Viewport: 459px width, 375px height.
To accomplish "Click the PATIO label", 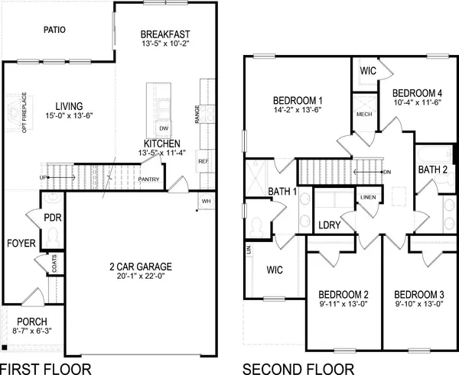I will pyautogui.click(x=54, y=30).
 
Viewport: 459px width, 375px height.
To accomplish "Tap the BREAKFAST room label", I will pyautogui.click(x=165, y=34).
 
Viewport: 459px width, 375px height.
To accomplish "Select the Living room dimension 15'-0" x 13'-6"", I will pyautogui.click(x=69, y=117).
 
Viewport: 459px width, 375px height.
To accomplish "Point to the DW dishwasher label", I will pyautogui.click(x=163, y=128).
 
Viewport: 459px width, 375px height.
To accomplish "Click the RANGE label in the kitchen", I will pyautogui.click(x=197, y=115).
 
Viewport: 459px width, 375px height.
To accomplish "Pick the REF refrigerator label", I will pyautogui.click(x=203, y=161).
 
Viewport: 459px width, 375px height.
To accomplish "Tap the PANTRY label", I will pyautogui.click(x=148, y=180).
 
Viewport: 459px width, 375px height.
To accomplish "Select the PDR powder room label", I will pyautogui.click(x=53, y=218).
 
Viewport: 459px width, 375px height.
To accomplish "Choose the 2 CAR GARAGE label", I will pyautogui.click(x=139, y=267).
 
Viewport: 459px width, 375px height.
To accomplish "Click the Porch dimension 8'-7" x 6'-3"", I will pyautogui.click(x=33, y=331).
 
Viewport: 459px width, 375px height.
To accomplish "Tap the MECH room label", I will pyautogui.click(x=364, y=115).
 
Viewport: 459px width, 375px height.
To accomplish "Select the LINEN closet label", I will pyautogui.click(x=368, y=198).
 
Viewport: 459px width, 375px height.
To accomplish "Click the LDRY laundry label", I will pyautogui.click(x=330, y=226).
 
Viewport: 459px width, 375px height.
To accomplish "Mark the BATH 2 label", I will pyautogui.click(x=432, y=170).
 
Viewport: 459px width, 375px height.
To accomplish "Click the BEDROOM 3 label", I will pyautogui.click(x=420, y=294).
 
